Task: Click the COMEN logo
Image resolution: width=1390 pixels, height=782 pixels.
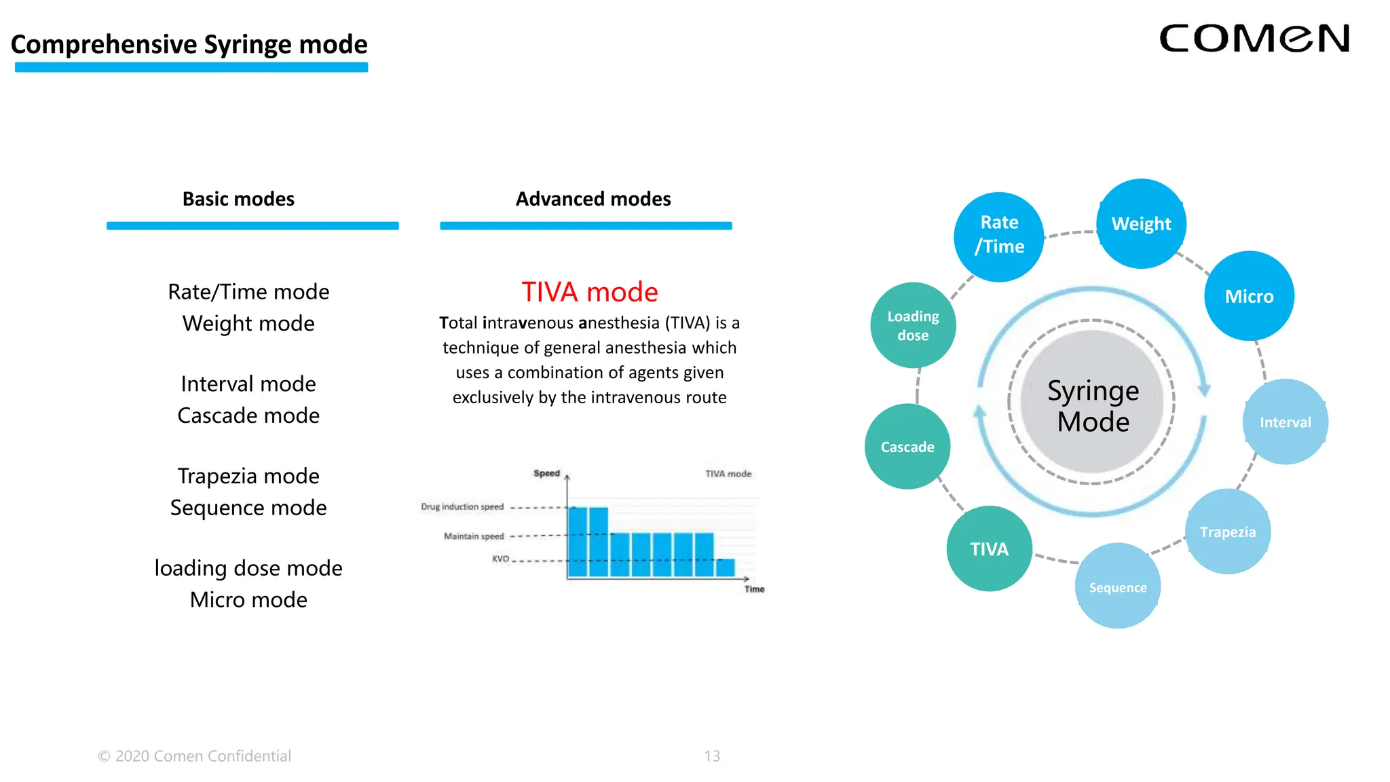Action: click(x=1254, y=39)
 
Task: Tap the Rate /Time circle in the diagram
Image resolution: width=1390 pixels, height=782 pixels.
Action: click(x=998, y=236)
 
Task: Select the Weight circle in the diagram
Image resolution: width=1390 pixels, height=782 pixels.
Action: click(x=1141, y=224)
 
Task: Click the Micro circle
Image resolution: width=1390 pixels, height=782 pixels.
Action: click(x=1249, y=297)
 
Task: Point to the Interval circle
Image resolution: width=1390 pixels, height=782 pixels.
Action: click(x=1285, y=422)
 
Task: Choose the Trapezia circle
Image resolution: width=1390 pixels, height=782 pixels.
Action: click(x=1227, y=532)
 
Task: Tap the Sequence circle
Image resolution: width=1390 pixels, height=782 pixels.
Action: click(x=1117, y=586)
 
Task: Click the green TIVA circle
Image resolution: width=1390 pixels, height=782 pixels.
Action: click(x=989, y=548)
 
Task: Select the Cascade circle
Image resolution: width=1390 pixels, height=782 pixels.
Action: click(x=907, y=447)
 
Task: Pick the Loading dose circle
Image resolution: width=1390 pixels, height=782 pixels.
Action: click(x=913, y=326)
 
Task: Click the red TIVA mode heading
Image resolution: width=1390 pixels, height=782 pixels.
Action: click(x=589, y=292)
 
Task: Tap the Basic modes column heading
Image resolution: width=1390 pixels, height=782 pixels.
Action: click(x=238, y=199)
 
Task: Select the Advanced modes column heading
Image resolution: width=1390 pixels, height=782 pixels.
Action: click(x=593, y=199)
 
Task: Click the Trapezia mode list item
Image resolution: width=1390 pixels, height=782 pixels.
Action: click(x=248, y=476)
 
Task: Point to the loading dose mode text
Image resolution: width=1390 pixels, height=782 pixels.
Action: click(x=248, y=567)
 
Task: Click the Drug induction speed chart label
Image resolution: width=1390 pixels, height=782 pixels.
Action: click(x=462, y=507)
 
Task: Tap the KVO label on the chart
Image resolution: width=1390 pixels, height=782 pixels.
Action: click(x=500, y=559)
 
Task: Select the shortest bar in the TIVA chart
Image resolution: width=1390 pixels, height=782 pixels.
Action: click(x=726, y=568)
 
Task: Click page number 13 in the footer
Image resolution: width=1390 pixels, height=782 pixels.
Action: click(x=712, y=756)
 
